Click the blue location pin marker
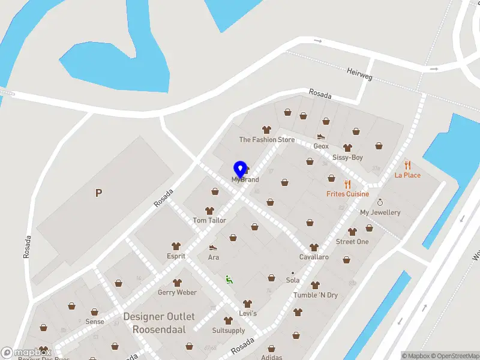click(x=240, y=169)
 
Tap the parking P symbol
click(x=98, y=193)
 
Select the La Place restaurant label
click(x=407, y=175)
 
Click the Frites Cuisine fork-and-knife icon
click(x=347, y=184)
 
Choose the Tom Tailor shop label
click(x=209, y=220)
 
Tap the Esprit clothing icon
click(x=176, y=246)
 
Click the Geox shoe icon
click(x=321, y=136)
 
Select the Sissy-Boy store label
click(x=347, y=157)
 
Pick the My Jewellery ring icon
click(x=380, y=203)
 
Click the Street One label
click(x=352, y=241)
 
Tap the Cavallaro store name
click(x=314, y=257)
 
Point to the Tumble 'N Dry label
click(x=315, y=295)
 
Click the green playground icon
click(x=228, y=279)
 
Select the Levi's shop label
click(x=247, y=313)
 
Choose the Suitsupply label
click(x=228, y=330)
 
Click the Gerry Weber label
click(x=177, y=292)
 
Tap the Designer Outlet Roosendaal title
click(x=159, y=323)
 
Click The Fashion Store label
click(x=267, y=140)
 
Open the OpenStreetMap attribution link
click(x=454, y=356)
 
